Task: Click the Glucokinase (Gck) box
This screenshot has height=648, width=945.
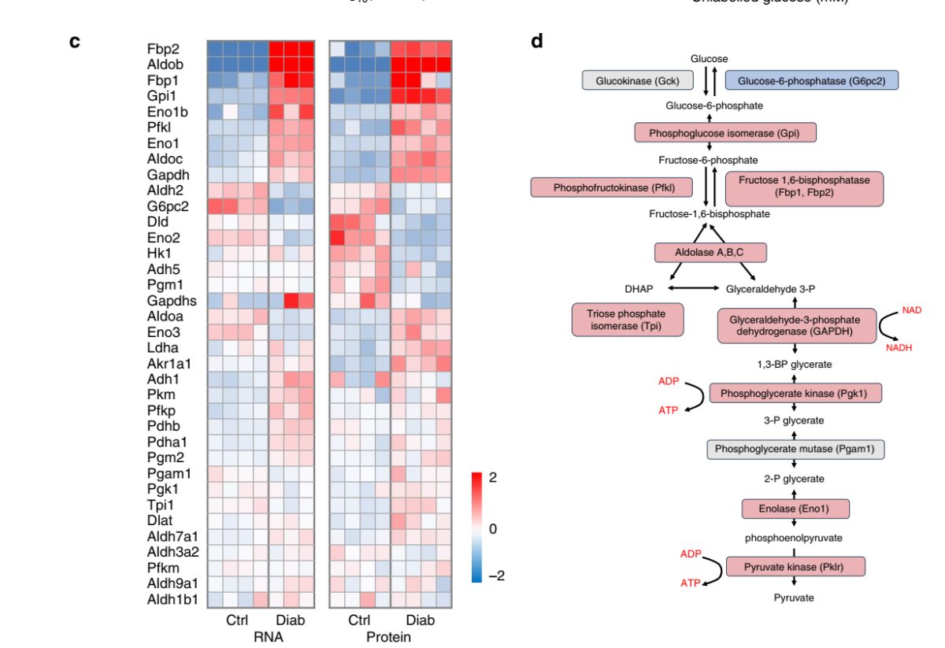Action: click(637, 80)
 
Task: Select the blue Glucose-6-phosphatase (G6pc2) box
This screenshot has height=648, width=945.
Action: click(811, 80)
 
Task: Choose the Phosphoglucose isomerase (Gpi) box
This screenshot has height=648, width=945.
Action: click(724, 133)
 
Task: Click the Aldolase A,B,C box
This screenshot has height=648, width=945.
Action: click(710, 252)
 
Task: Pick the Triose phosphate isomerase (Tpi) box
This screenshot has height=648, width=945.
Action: click(627, 320)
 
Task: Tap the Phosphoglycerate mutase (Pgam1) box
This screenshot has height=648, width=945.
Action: click(795, 449)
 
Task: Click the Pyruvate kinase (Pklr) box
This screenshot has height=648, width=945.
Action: click(795, 567)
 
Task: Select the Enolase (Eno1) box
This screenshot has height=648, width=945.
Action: click(795, 509)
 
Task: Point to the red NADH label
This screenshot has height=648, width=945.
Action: click(899, 348)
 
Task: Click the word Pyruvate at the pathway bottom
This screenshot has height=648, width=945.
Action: click(793, 598)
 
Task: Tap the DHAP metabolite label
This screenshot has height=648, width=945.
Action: click(639, 289)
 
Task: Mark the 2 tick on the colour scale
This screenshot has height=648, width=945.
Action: click(494, 478)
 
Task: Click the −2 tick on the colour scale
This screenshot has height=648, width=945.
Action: click(495, 576)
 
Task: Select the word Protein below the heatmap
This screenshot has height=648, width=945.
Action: click(388, 636)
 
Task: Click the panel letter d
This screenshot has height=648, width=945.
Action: click(537, 41)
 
